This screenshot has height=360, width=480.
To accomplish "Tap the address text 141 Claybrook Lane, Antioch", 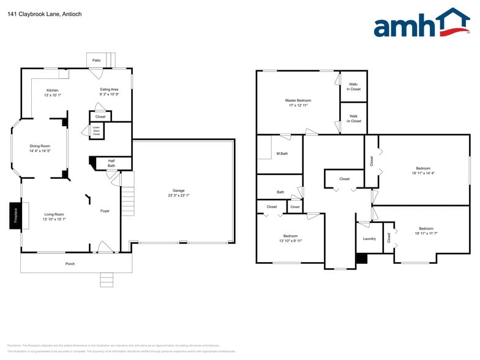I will click(44, 13).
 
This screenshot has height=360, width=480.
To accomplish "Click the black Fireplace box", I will click(15, 215).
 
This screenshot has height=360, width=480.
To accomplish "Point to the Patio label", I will click(96, 61).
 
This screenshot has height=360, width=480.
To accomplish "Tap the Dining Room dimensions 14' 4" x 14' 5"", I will click(40, 151).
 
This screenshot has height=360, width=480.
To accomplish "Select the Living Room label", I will click(54, 214).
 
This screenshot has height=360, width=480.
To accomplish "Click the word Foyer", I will click(105, 211).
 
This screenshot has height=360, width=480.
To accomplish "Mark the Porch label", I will click(70, 264).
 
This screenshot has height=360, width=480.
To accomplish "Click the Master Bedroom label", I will click(298, 100).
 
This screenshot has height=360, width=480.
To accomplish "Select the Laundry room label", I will click(369, 239).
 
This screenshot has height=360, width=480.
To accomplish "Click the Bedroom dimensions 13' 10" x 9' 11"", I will click(290, 241).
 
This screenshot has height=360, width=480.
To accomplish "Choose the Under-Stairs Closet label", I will click(96, 130).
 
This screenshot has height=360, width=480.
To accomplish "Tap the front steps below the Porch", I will click(107, 280).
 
